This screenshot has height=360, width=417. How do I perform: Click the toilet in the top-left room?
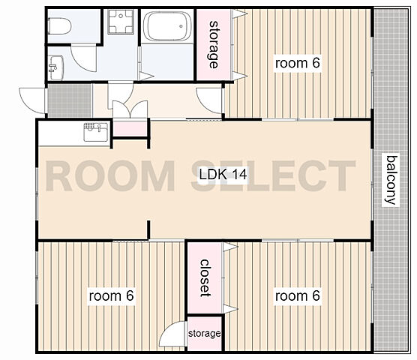pyautogui.click(x=59, y=26)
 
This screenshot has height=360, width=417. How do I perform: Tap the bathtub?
pyautogui.click(x=167, y=26)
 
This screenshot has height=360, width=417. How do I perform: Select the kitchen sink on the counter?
pyautogui.click(x=96, y=132)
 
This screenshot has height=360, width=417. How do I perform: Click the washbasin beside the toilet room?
pyautogui.click(x=55, y=67)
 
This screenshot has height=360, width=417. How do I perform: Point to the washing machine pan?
pyautogui.click(x=121, y=22)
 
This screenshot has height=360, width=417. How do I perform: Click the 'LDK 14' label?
pyautogui.click(x=223, y=175)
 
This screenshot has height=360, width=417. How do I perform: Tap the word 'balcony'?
pyautogui.click(x=391, y=180)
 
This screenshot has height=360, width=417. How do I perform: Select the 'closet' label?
pyautogui.click(x=205, y=277)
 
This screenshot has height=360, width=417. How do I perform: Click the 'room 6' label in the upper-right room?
pyautogui.click(x=297, y=63)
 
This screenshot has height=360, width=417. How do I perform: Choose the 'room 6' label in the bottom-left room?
pyautogui.click(x=111, y=295)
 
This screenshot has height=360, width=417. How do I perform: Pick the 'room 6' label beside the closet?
pyautogui.click(x=297, y=295)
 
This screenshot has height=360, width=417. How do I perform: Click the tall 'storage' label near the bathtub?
pyautogui.click(x=214, y=44)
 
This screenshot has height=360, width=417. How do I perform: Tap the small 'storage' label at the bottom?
pyautogui.click(x=204, y=333)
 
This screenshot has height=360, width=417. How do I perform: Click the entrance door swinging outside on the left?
pyautogui.click(x=32, y=100)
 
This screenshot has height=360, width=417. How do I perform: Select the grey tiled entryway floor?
pyautogui.click(x=70, y=100)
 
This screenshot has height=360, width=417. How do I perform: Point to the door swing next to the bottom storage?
pyautogui.click(x=172, y=334)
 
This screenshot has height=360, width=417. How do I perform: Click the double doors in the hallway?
pyautogui.click(x=130, y=109)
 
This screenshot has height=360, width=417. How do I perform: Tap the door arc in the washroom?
pyautogui.click(x=84, y=58)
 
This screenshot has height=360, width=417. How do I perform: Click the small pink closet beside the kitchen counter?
pyautogui.click(x=130, y=128)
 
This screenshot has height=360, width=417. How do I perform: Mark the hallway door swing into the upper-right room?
pyautogui.click(x=209, y=100)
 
